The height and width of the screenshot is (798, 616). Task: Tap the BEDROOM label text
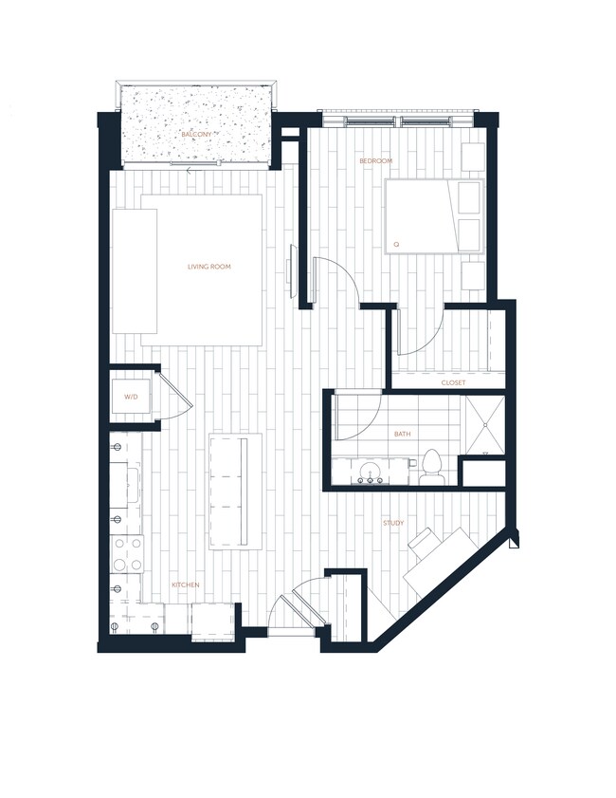(375, 161)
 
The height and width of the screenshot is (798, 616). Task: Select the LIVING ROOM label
(209, 267)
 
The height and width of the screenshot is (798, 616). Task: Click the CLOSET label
(453, 382)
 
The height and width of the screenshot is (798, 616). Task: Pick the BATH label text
(403, 435)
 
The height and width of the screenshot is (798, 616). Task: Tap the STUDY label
(393, 523)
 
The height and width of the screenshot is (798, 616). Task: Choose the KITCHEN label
(185, 585)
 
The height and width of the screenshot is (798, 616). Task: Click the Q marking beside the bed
(396, 245)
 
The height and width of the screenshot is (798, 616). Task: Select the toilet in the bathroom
(432, 467)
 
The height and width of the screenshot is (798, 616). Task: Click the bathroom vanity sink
(369, 471)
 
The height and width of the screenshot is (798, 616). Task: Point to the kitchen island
(235, 491)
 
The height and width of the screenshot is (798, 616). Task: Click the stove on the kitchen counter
(126, 554)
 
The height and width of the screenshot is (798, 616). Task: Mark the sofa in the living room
(135, 270)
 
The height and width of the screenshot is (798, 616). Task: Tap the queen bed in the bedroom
(434, 216)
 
